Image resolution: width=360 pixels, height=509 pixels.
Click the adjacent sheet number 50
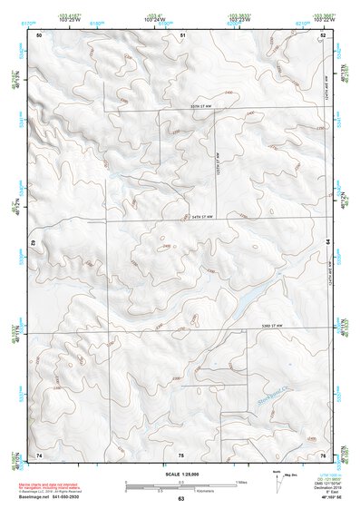pyautogui.click(x=39, y=34)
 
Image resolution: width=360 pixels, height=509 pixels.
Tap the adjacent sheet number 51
pyautogui.click(x=181, y=34)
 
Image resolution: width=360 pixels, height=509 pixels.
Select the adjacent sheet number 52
pyautogui.click(x=323, y=34)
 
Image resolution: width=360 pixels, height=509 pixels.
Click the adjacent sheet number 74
pyautogui.click(x=39, y=454)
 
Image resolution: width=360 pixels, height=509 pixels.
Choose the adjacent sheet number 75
pyautogui.click(x=181, y=454)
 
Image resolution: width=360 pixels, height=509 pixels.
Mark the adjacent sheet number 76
pyautogui.click(x=323, y=454)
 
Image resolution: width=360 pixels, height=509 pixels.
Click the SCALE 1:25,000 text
pyautogui.click(x=180, y=474)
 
